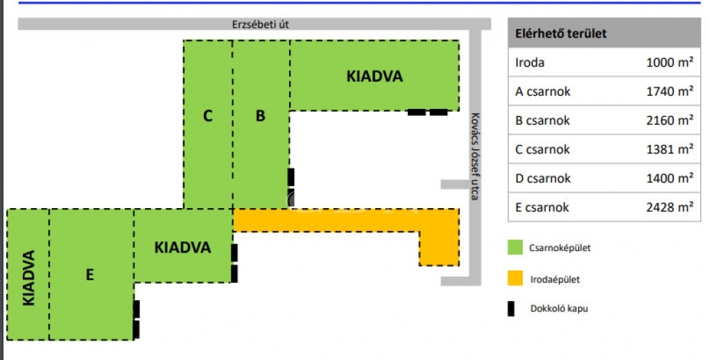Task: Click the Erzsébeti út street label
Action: pyautogui.click(x=260, y=24)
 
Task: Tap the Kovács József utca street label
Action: pyautogui.click(x=474, y=156)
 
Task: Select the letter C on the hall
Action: pyautogui.click(x=207, y=116)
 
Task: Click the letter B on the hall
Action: pyautogui.click(x=260, y=116)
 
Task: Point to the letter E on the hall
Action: pyautogui.click(x=89, y=275)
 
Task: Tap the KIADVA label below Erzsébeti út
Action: pyautogui.click(x=374, y=76)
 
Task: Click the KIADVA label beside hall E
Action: pyautogui.click(x=182, y=247)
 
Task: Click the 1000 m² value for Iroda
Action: pyautogui.click(x=670, y=62)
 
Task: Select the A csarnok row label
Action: pyautogui.click(x=543, y=91)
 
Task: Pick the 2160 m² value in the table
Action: pyautogui.click(x=670, y=120)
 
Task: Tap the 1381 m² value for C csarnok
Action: pyautogui.click(x=670, y=149)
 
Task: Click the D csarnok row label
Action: pyautogui.click(x=543, y=178)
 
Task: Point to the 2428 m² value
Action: pyautogui.click(x=670, y=207)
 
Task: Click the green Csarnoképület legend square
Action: pyautogui.click(x=515, y=247)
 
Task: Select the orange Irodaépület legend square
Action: pyautogui.click(x=515, y=279)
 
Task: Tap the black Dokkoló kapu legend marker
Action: pyautogui.click(x=512, y=309)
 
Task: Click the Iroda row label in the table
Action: pyautogui.click(x=530, y=62)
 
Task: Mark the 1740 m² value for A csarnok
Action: pyautogui.click(x=670, y=91)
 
